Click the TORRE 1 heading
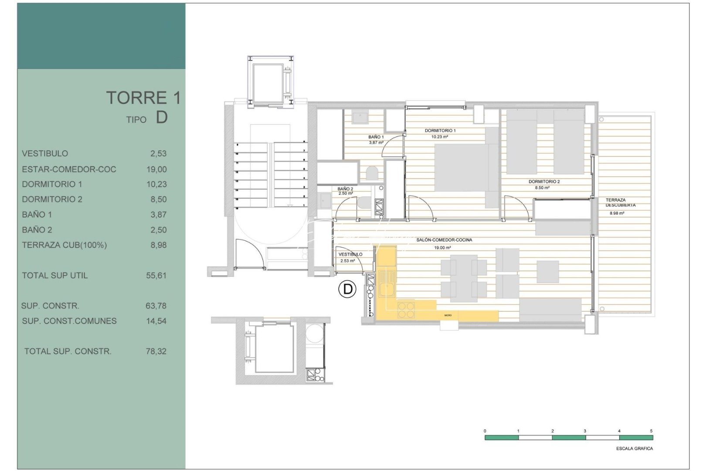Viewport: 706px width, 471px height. (143, 98)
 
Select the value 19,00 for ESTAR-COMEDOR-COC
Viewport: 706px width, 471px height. (156, 169)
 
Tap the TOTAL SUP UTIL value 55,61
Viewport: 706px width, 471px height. (156, 275)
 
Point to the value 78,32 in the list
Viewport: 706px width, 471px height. (156, 351)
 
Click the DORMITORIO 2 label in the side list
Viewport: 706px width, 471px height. (52, 199)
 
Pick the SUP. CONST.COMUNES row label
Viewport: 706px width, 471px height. (69, 321)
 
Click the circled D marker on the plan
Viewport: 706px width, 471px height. (348, 289)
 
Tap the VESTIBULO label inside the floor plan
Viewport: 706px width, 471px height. (350, 254)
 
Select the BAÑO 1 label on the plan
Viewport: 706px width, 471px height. (376, 137)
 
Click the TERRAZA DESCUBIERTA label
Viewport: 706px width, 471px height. (620, 202)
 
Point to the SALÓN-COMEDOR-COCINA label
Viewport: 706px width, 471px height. (444, 240)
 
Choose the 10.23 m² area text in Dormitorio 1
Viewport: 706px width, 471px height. (439, 137)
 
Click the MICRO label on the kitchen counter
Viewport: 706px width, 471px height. (448, 315)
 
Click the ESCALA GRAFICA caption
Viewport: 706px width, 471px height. (634, 448)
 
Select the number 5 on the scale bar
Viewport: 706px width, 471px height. (651, 431)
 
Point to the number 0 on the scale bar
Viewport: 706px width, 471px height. (485, 431)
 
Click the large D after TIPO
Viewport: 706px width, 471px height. (162, 117)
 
